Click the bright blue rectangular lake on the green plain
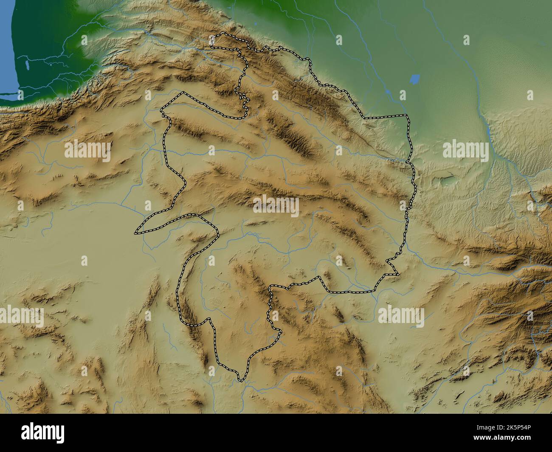click(414, 79)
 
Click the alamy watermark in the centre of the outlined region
click(276, 206)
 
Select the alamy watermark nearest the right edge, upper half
click(465, 151)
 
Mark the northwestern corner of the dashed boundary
click(214, 37)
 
